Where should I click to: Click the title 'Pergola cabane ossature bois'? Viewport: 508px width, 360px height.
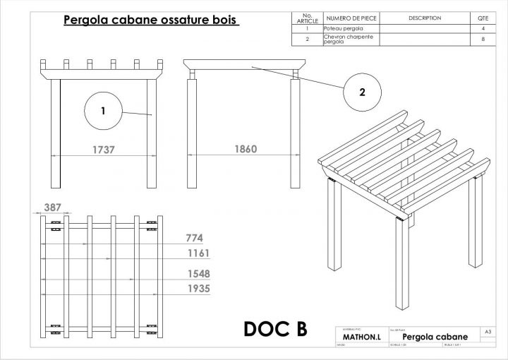(151, 20)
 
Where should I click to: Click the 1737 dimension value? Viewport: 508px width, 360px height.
(104, 150)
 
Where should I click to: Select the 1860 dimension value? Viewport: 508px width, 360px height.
(246, 150)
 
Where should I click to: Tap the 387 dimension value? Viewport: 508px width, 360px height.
(53, 208)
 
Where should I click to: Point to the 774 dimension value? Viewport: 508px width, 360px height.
(195, 238)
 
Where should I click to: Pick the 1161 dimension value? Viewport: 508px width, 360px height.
(198, 253)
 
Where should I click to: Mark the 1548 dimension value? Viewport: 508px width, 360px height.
(198, 273)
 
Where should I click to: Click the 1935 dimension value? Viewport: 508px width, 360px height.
(198, 289)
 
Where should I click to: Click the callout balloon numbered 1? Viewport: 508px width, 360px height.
(103, 112)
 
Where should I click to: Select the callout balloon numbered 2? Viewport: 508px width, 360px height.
(362, 91)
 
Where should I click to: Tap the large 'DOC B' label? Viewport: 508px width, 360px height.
(275, 329)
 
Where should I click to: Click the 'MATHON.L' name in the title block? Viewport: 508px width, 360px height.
(362, 338)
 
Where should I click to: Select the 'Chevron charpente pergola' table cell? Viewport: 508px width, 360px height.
(350, 40)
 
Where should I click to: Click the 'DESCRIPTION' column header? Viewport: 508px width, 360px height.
(425, 18)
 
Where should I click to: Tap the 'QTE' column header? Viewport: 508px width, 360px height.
(483, 18)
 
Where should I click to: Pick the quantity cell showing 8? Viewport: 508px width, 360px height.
(483, 40)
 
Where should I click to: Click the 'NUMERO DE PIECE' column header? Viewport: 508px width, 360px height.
(351, 18)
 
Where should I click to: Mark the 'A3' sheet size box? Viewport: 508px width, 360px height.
(488, 330)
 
